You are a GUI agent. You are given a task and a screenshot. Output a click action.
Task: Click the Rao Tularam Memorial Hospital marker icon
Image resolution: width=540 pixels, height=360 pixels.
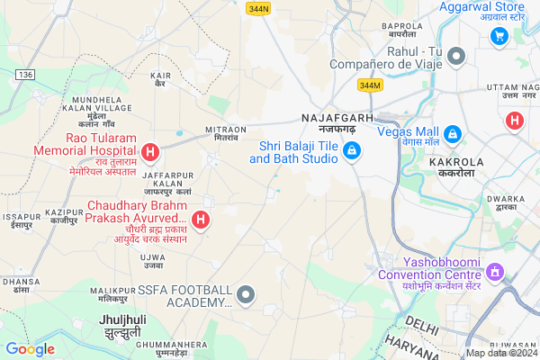(x=151, y=150)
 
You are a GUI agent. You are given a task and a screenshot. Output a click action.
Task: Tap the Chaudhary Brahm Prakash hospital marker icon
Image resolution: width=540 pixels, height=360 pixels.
(x=202, y=219)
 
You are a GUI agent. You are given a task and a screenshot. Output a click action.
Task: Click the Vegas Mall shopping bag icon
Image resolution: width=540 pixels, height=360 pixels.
(x=455, y=134)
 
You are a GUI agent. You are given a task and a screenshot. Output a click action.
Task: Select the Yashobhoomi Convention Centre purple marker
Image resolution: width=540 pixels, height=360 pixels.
(x=493, y=269)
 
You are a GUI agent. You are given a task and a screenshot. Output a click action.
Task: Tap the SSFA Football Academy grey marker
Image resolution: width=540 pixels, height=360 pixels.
(x=247, y=294)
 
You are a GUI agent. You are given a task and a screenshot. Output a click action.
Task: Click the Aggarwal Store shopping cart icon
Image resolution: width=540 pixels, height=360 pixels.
(x=498, y=36)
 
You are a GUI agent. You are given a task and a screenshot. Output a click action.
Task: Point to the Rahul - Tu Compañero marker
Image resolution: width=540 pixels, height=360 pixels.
(x=456, y=56)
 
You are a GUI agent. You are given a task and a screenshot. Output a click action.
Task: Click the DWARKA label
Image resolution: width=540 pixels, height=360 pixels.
(x=505, y=199)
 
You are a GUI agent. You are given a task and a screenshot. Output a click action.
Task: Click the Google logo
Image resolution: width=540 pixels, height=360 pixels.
(x=30, y=349)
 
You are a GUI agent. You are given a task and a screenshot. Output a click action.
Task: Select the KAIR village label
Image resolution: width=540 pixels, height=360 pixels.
(x=161, y=76)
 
